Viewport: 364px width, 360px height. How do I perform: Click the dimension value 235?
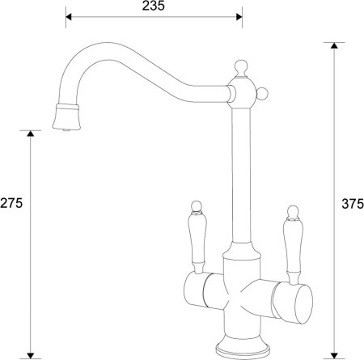point(152,6)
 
